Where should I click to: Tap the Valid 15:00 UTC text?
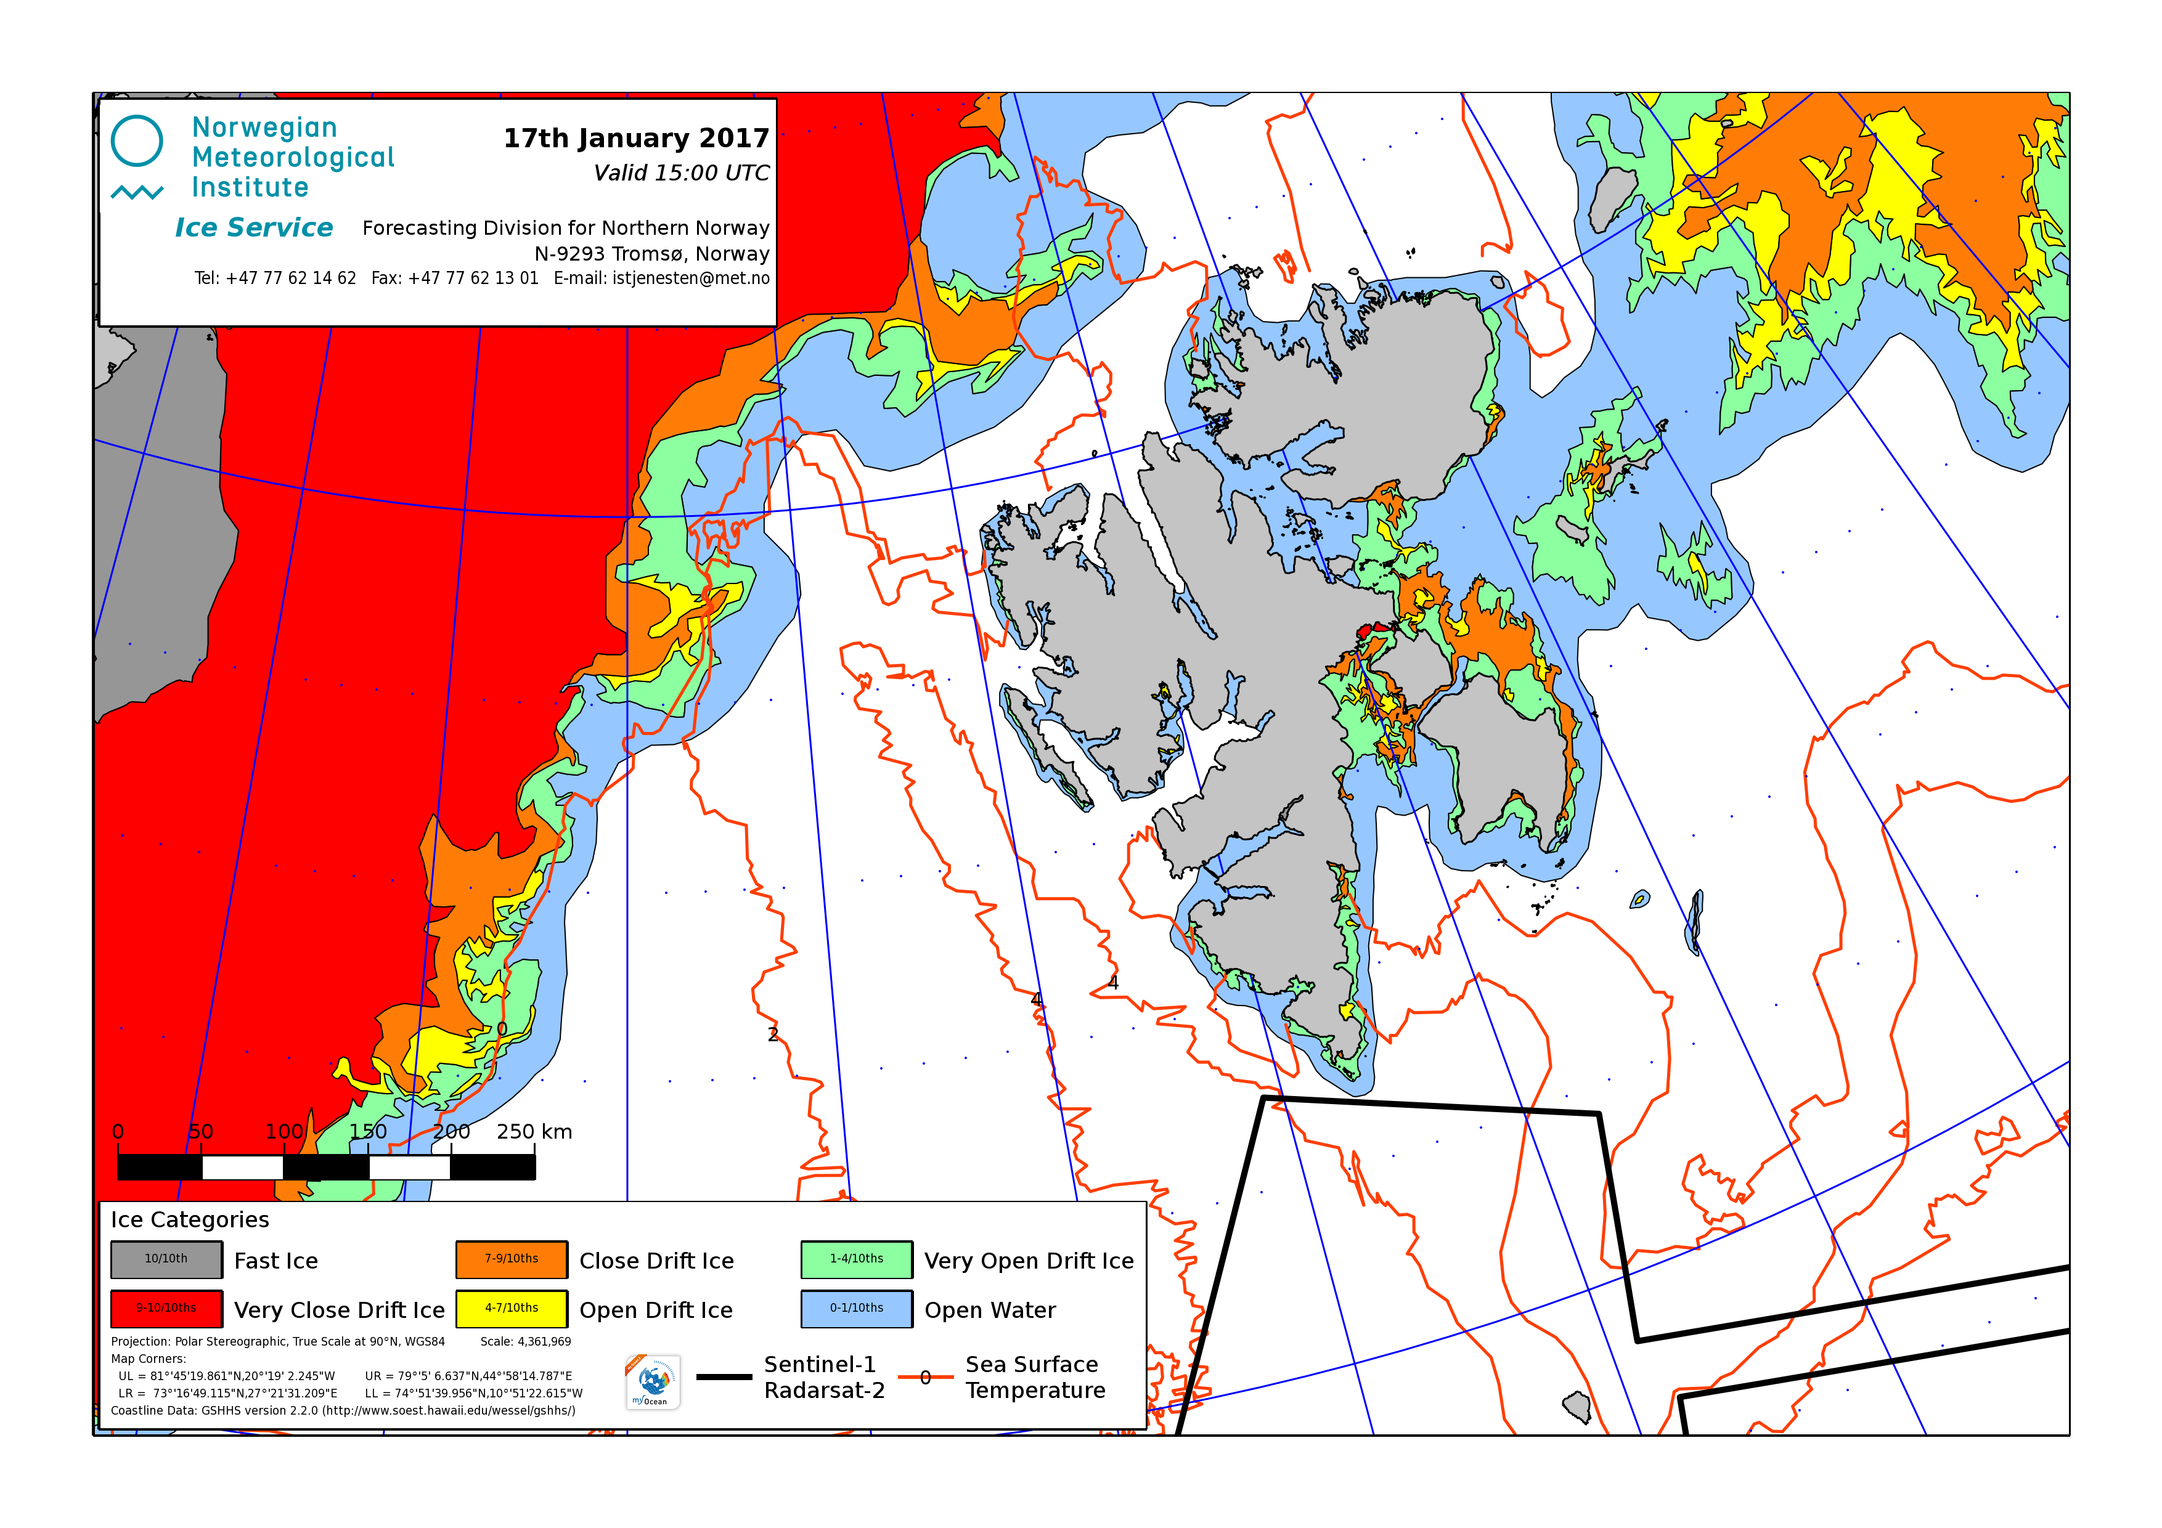coord(681,173)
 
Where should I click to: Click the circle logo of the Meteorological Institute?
coord(137,141)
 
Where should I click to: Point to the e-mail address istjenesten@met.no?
coord(690,278)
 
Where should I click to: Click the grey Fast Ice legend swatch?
coord(166,1260)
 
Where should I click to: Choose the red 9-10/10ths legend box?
coord(166,1309)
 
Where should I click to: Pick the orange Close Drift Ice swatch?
coord(512,1260)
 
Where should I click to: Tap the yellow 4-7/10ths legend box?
coord(512,1309)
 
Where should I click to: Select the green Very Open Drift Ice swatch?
coord(856,1260)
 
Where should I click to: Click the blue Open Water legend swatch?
coord(856,1309)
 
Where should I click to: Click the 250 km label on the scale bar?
coord(534,1132)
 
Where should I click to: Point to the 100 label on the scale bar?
coord(284,1132)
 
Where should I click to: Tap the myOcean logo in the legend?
coord(653,1383)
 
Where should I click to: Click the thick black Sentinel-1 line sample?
coord(724,1378)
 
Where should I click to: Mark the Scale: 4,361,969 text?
coord(526,1341)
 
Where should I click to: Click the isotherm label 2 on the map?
coord(773,1034)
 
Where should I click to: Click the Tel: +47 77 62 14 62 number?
coord(275,278)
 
